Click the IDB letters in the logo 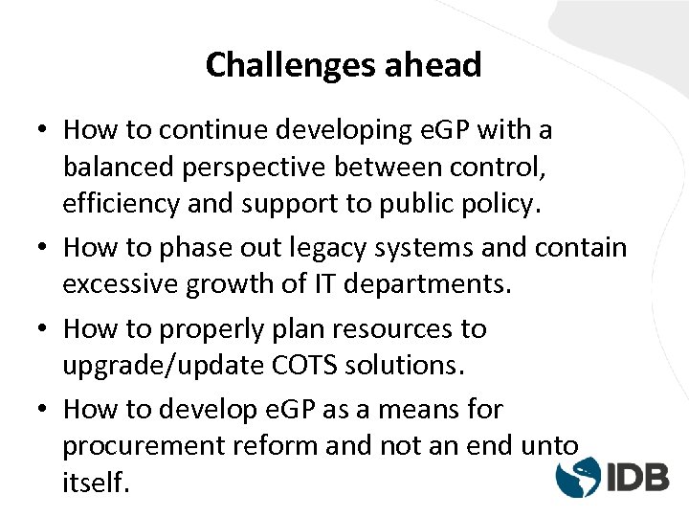636,476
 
